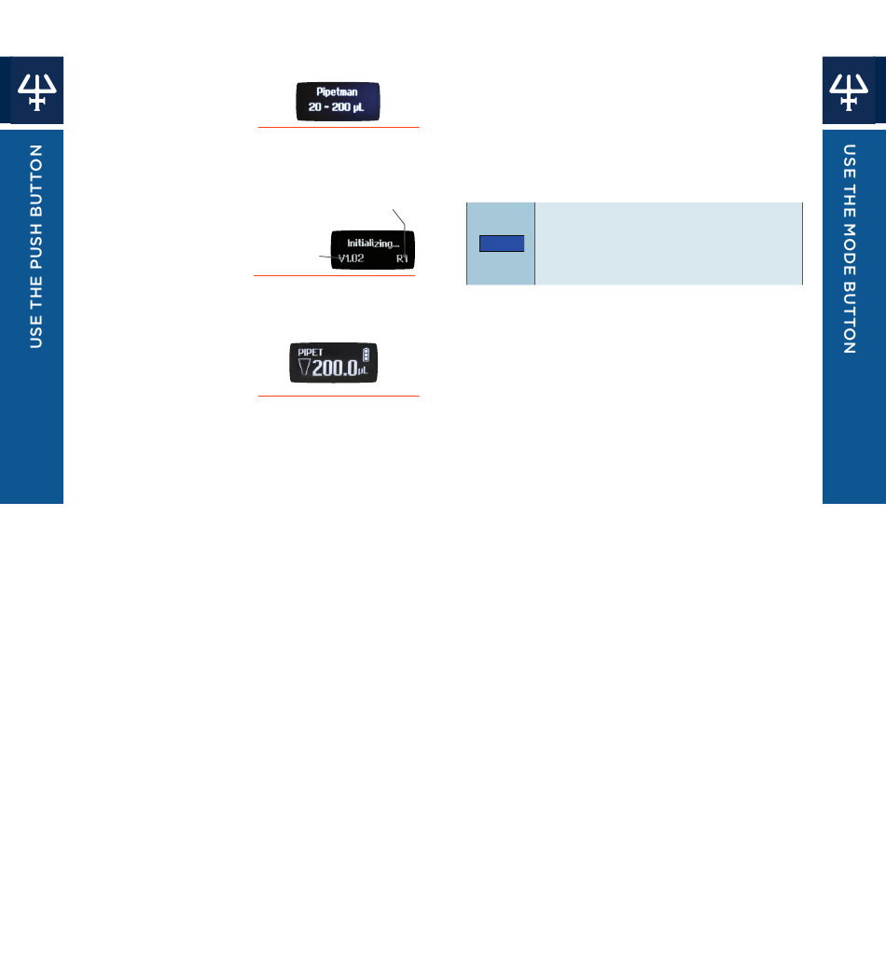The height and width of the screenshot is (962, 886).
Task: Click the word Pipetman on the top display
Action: pos(338,92)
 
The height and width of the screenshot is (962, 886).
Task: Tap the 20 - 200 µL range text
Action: pos(338,107)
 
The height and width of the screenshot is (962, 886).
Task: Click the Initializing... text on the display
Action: pos(373,243)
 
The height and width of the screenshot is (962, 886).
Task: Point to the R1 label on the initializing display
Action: pos(402,258)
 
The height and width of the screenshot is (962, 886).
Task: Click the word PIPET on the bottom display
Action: pos(311,352)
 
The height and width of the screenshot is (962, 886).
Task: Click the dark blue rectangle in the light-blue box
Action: pos(502,244)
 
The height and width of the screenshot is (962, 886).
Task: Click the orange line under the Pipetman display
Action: pos(339,127)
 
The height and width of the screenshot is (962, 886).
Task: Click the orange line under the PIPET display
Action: pos(339,397)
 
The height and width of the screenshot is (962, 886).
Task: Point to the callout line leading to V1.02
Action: pos(327,256)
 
